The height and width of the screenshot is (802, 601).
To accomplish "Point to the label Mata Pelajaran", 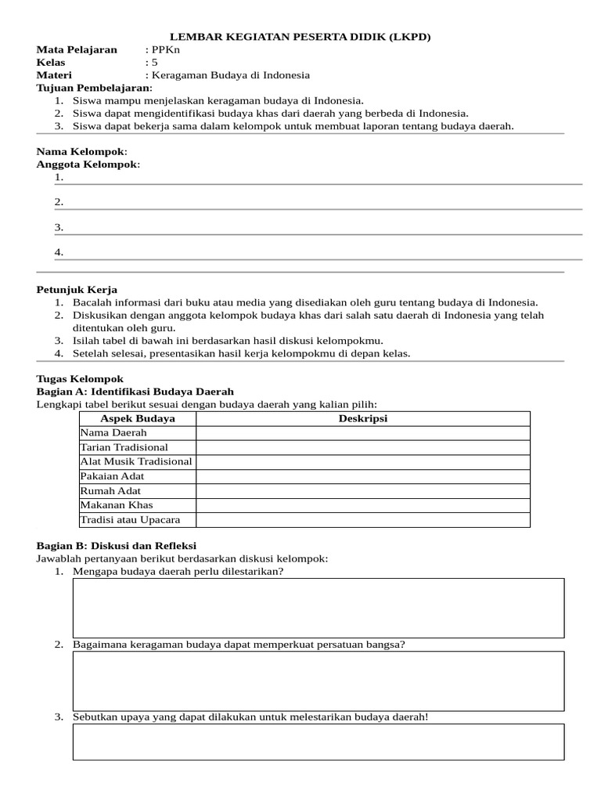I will [77, 49].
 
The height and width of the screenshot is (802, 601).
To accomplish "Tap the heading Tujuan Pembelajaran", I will [94, 88].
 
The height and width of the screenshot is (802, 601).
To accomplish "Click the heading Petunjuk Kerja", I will [77, 290].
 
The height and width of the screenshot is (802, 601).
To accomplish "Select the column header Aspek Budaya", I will [138, 418].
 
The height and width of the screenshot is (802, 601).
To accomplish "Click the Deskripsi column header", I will [362, 418].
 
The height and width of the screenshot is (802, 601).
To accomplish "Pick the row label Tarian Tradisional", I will [124, 447].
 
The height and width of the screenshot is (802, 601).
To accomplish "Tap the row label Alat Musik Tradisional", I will [136, 461].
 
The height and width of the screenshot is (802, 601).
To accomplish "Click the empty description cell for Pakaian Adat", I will [362, 476].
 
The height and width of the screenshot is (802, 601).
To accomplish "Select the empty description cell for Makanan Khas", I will [362, 505].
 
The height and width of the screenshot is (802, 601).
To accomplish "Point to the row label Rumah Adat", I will [110, 491].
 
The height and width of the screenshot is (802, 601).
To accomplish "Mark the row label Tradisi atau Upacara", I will [130, 520].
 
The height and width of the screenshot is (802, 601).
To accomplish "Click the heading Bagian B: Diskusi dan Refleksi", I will [117, 545].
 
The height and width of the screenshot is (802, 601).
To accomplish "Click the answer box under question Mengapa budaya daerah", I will [318, 608].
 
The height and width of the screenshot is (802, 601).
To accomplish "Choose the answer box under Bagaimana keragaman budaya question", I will [318, 681].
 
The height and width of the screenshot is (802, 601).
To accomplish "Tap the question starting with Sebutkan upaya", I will [250, 717].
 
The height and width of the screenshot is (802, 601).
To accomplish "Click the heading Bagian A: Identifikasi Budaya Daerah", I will [135, 392].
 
